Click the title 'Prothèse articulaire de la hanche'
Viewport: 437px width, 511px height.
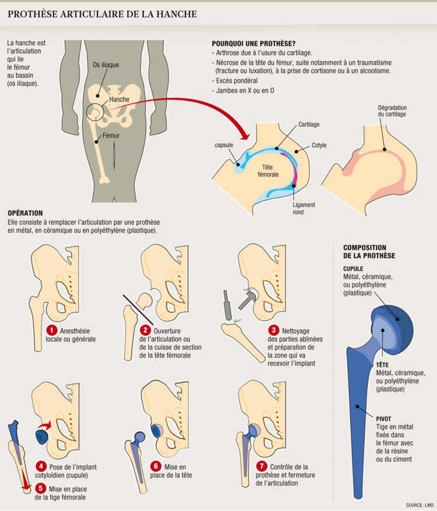point(103,13)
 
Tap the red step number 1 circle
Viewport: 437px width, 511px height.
point(52,331)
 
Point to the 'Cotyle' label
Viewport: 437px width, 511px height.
point(319,145)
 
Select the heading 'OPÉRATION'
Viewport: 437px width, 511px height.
point(26,213)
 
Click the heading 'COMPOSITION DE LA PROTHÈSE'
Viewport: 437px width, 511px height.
point(369,251)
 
